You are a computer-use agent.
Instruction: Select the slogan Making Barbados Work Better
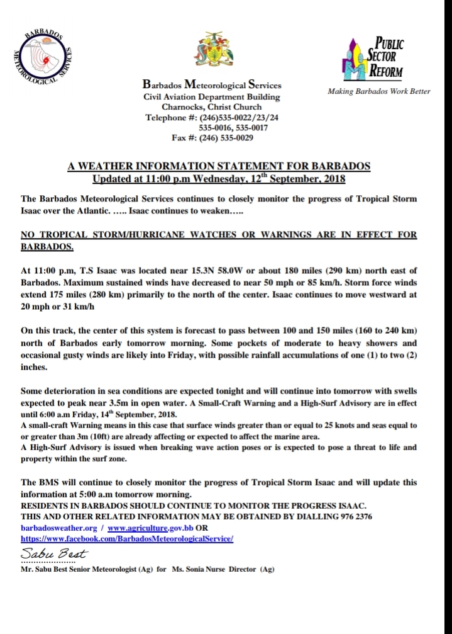click(x=379, y=91)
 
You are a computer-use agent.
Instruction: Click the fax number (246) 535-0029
click(x=226, y=137)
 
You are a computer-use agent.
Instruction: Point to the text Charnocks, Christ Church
click(x=211, y=107)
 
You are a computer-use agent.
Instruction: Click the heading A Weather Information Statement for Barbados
click(x=219, y=166)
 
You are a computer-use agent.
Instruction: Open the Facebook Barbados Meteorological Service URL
click(x=127, y=539)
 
